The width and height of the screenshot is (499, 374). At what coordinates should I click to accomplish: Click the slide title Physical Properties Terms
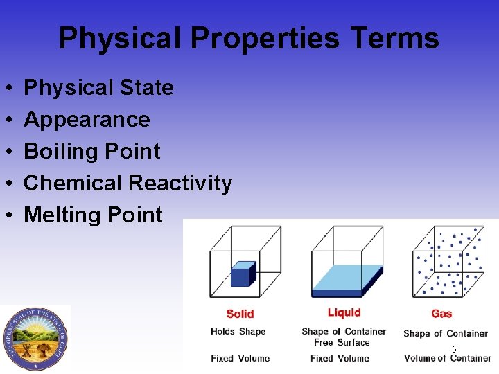tap(249, 38)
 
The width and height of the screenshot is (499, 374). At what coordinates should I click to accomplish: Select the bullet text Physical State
tap(98, 88)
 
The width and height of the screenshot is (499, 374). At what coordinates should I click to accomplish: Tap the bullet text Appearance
tap(87, 120)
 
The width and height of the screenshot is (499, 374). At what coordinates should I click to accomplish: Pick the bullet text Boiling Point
tap(91, 152)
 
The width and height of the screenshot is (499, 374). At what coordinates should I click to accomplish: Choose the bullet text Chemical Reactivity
tap(128, 184)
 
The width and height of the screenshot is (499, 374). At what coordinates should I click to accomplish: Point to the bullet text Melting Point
tap(93, 215)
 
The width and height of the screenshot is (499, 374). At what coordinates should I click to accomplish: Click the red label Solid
tap(240, 314)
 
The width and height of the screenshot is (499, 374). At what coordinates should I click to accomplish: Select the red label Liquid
tap(344, 312)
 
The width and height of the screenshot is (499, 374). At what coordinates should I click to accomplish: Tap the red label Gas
tap(441, 314)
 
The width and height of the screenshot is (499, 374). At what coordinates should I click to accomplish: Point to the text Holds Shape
tap(238, 331)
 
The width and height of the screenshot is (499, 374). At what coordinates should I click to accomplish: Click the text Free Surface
tap(342, 342)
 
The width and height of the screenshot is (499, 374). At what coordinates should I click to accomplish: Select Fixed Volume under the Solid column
tap(240, 358)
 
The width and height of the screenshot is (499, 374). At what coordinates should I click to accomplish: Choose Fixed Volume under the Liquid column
tap(340, 358)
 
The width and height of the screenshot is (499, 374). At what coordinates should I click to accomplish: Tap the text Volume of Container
tap(447, 358)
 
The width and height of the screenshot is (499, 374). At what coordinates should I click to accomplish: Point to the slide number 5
tap(454, 350)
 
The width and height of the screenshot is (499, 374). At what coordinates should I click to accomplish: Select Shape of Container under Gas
tap(446, 333)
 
